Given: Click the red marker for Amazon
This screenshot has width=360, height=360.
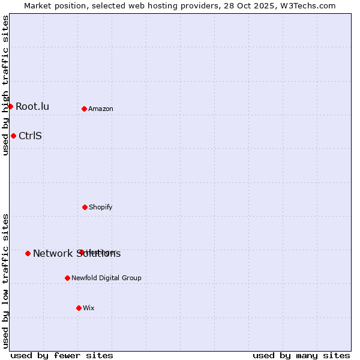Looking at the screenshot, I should (84, 109).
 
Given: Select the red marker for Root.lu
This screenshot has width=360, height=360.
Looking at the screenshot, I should (10, 106).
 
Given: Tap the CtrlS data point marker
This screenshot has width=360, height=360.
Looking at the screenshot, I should (13, 136).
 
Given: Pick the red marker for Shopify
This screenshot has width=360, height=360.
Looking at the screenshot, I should (85, 207).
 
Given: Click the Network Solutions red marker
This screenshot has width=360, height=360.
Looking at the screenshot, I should (28, 253).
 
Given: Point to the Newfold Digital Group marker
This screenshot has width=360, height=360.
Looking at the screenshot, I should (67, 278).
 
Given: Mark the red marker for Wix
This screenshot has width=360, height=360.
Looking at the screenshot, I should (79, 308).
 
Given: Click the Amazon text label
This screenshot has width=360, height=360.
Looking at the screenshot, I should (101, 109).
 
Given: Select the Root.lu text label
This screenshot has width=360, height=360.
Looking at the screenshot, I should (32, 106).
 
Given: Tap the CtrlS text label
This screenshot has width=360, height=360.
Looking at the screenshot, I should (30, 136).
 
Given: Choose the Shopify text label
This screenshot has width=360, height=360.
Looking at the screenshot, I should (101, 207).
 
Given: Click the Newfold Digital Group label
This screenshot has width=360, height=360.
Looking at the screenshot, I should (106, 278).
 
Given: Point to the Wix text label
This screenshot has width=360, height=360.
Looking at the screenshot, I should (89, 308).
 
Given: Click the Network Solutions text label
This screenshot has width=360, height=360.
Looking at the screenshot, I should (77, 253).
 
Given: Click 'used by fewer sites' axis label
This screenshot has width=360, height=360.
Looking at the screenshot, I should (62, 355).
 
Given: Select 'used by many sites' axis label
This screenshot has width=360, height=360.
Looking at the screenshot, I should (301, 355).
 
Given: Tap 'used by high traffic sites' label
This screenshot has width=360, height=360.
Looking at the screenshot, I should (5, 85).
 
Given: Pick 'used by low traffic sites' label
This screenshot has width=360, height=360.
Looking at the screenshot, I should (5, 281).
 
